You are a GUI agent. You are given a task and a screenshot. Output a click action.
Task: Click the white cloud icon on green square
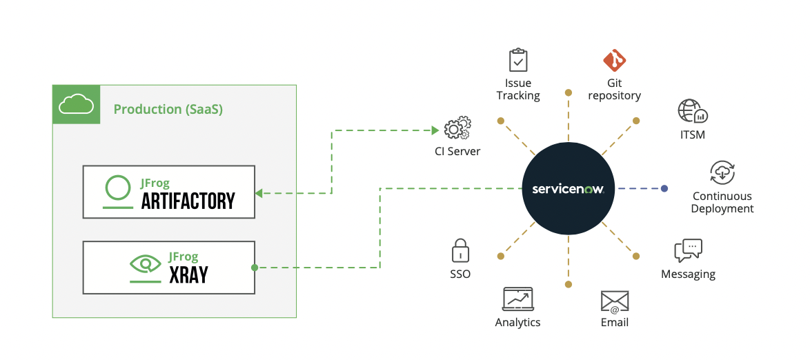click(76, 105)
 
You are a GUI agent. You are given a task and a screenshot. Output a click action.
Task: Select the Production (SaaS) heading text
click(168, 110)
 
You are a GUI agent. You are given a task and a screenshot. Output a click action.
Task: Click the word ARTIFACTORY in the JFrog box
click(188, 201)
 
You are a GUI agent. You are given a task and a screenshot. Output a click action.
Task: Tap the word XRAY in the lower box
click(188, 275)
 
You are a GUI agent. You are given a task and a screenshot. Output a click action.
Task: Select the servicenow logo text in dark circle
click(568, 189)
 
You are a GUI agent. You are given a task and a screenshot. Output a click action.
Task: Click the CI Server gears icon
click(457, 129)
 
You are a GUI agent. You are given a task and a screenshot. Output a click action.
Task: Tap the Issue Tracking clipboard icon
click(518, 60)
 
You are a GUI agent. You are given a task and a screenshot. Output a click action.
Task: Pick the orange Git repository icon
click(614, 61)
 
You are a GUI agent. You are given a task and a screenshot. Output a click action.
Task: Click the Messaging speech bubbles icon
click(688, 250)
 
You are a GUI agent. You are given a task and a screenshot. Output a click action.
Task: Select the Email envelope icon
click(614, 302)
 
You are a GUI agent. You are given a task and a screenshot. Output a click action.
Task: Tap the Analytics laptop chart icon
click(517, 299)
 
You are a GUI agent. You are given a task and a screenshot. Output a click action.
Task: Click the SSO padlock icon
click(460, 250)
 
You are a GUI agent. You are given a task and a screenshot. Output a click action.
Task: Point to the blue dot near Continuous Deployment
click(664, 188)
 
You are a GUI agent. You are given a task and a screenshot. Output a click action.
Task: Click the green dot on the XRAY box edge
click(255, 268)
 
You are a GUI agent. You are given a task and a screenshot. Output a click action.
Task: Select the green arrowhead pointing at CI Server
click(435, 130)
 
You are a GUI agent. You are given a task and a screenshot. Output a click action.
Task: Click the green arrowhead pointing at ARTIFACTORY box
click(259, 193)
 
